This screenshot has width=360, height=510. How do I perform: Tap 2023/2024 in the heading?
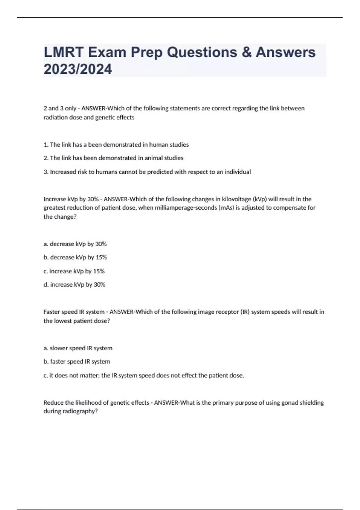[x=78, y=69]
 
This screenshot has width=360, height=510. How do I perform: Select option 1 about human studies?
[x=116, y=145]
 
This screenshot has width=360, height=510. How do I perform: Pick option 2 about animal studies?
[x=113, y=158]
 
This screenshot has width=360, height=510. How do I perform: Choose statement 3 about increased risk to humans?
[x=147, y=172]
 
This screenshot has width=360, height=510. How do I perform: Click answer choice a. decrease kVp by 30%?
[x=75, y=244]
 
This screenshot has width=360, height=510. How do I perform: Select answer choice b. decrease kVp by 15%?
[x=75, y=257]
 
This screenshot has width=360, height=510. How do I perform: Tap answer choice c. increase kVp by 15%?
[x=74, y=271]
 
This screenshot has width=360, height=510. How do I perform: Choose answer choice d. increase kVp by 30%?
[x=74, y=285]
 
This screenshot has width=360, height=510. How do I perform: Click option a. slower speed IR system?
[x=78, y=348]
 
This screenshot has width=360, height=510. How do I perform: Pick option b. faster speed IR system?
[x=77, y=362]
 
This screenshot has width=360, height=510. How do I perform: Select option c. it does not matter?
[x=143, y=376]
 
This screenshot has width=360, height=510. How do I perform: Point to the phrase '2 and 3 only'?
[x=60, y=108]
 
